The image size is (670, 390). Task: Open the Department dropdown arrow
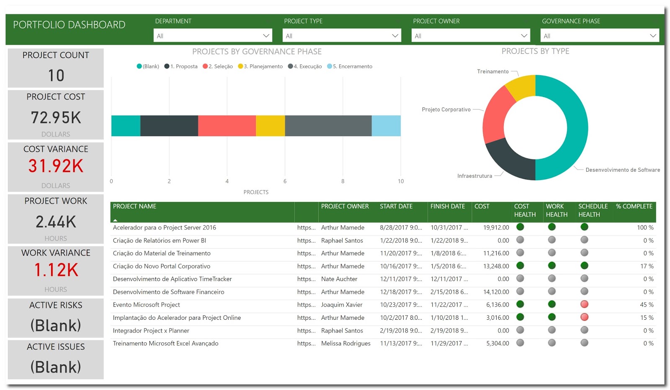click(x=266, y=36)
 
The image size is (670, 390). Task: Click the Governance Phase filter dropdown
click(x=599, y=36)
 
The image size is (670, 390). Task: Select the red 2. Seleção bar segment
click(x=227, y=126)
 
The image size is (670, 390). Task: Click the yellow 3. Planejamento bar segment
click(x=270, y=126)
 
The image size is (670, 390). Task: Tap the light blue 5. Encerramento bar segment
click(x=386, y=126)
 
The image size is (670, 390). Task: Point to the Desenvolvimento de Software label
click(x=622, y=170)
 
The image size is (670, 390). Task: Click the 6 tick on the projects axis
click(x=285, y=181)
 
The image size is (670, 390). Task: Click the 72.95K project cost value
click(x=56, y=117)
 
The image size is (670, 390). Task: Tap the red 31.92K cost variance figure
click(x=56, y=166)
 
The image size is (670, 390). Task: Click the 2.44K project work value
click(x=56, y=222)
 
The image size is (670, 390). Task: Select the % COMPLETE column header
click(x=634, y=206)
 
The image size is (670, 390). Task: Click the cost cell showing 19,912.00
click(x=496, y=228)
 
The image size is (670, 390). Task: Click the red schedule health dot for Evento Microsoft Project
click(x=584, y=304)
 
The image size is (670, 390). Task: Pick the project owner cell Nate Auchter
click(x=339, y=279)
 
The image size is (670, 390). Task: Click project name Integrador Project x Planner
click(x=151, y=331)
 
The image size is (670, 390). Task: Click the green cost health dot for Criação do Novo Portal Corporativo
click(x=520, y=265)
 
